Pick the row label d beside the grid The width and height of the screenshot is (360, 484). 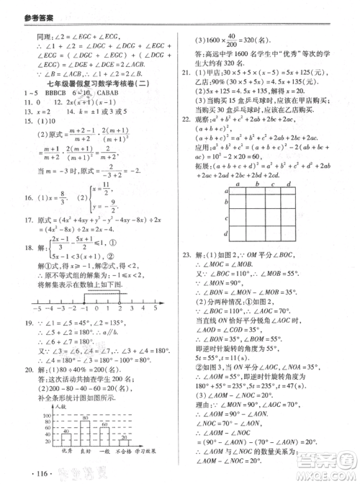tap(227, 233)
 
